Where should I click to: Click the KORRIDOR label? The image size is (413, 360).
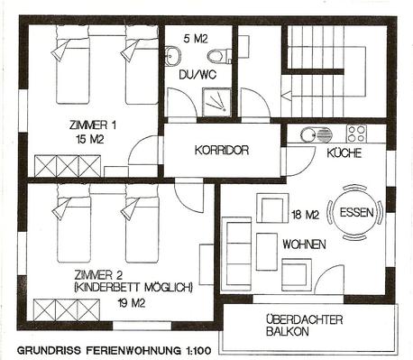tap(222, 150)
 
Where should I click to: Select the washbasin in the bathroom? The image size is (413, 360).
tap(173, 55)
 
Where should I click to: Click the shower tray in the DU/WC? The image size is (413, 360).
tap(216, 102)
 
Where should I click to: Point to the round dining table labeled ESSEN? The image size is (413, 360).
tap(356, 213)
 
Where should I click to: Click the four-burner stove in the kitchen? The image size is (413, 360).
tap(356, 134)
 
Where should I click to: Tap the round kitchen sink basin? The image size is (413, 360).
tap(307, 134)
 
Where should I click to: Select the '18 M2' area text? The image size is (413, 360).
tap(305, 215)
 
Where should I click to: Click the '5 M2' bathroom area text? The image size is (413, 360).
tap(196, 39)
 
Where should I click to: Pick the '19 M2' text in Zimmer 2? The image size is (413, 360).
tap(132, 303)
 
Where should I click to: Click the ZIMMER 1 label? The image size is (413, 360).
tap(93, 125)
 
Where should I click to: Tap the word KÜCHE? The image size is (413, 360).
tap(344, 153)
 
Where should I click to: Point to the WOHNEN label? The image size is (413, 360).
tap(304, 244)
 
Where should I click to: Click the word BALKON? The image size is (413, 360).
tap(288, 332)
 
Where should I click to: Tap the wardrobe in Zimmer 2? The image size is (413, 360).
tap(67, 310)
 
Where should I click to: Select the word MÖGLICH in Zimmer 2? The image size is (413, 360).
tap(169, 288)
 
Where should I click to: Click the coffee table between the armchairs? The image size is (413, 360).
tap(267, 252)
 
